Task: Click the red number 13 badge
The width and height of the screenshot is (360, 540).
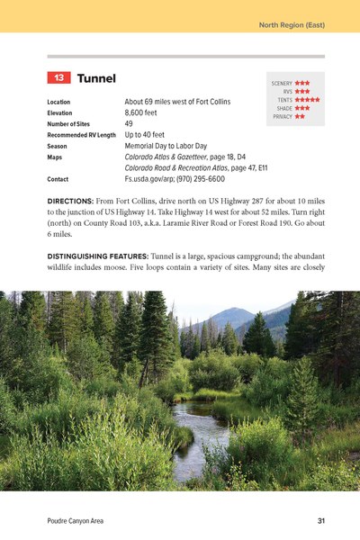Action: tap(58, 80)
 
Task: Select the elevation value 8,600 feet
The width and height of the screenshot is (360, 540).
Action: tap(145, 113)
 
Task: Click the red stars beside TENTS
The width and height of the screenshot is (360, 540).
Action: tap(307, 100)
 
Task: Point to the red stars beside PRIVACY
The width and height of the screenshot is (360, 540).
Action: tap(299, 116)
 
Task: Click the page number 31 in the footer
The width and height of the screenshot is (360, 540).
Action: tap(321, 521)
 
